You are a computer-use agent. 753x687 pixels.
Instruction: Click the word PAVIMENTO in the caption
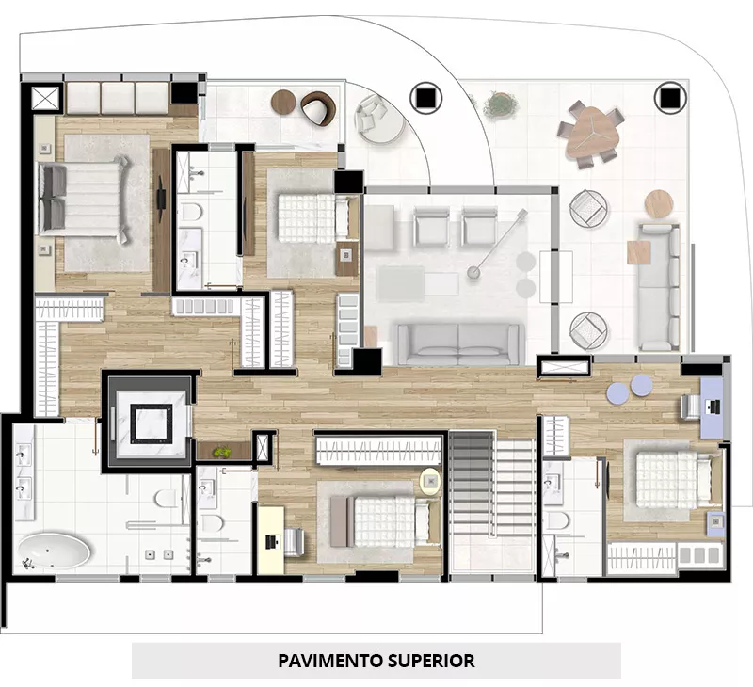pyautogui.click(x=331, y=661)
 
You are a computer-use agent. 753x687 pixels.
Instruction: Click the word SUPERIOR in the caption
pyautogui.click(x=431, y=661)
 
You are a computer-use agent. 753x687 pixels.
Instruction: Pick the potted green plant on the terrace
pyautogui.click(x=501, y=104)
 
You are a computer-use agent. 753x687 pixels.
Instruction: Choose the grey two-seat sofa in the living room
pyautogui.click(x=458, y=343)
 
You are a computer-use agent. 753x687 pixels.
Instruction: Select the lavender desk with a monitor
pyautogui.click(x=712, y=407)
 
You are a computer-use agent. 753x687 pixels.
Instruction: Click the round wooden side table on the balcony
pyautogui.click(x=283, y=102)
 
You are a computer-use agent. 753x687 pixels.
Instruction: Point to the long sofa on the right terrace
pyautogui.click(x=658, y=287)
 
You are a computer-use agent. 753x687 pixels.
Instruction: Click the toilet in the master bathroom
pyautogui.click(x=167, y=498)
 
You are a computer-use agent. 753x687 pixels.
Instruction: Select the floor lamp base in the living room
pyautogui.click(x=473, y=272)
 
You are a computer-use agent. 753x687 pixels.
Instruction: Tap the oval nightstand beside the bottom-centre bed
pyautogui.click(x=430, y=482)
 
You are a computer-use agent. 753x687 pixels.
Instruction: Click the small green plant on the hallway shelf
pyautogui.click(x=221, y=452)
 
